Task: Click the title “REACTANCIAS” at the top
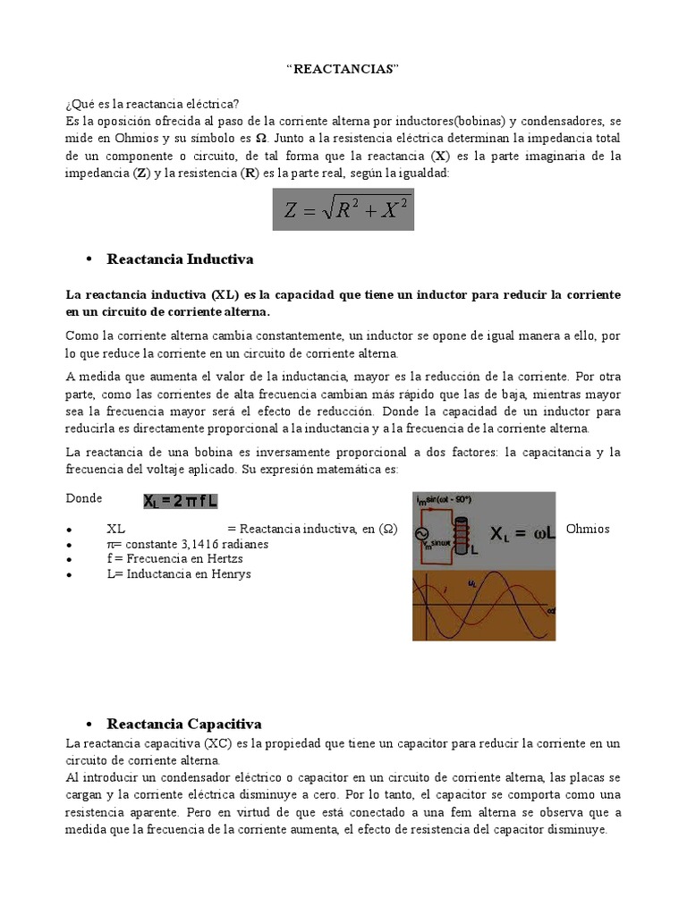coord(343,70)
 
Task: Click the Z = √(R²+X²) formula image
coord(343,209)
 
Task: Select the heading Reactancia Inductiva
coord(180,259)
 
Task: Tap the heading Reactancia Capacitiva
coord(183,723)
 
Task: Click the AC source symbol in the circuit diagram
coord(419,534)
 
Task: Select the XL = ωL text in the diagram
coord(523,533)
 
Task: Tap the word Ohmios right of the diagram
coord(588,529)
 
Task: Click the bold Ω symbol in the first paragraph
coord(261,139)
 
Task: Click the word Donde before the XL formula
coord(84,498)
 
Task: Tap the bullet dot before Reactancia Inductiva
coord(89,259)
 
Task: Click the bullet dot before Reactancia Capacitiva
coord(89,723)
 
